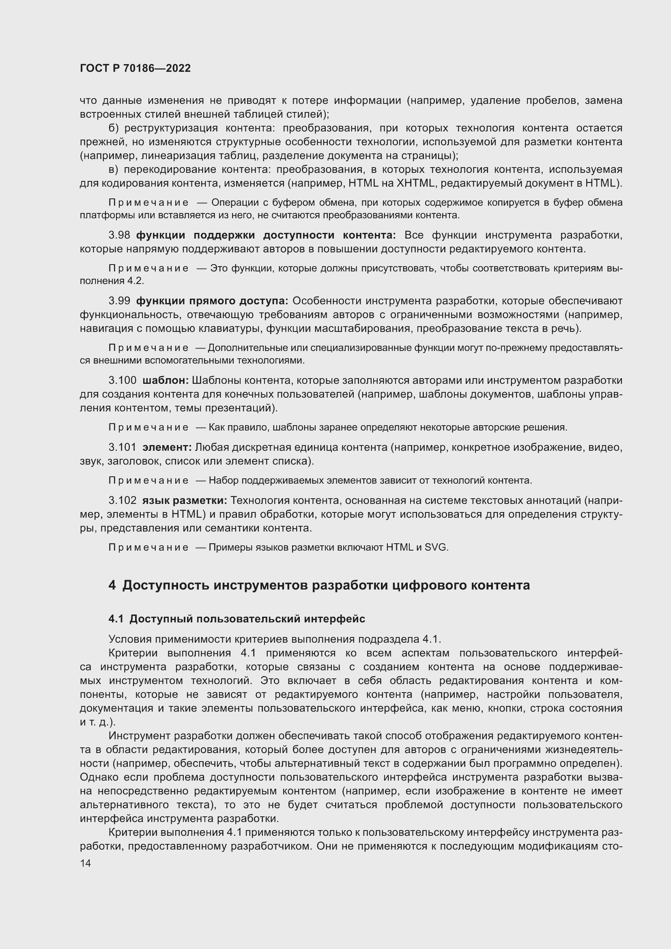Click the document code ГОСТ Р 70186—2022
pyautogui.click(x=135, y=69)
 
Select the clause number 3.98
pyautogui.click(x=119, y=235)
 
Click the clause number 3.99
pyautogui.click(x=119, y=301)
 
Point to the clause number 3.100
pyautogui.click(x=122, y=380)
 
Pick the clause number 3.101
pyautogui.click(x=122, y=447)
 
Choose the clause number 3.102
pyautogui.click(x=122, y=501)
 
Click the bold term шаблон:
pyautogui.click(x=166, y=380)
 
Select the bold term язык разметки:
pyautogui.click(x=185, y=501)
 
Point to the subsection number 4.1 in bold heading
pyautogui.click(x=116, y=619)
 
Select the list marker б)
pyautogui.click(x=113, y=128)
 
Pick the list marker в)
pyautogui.click(x=113, y=170)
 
